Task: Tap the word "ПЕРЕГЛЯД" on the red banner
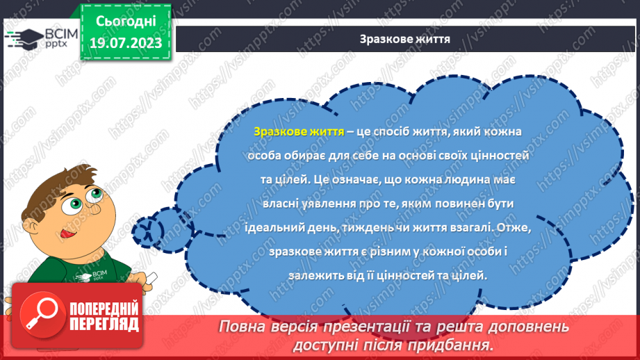point(104,323)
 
